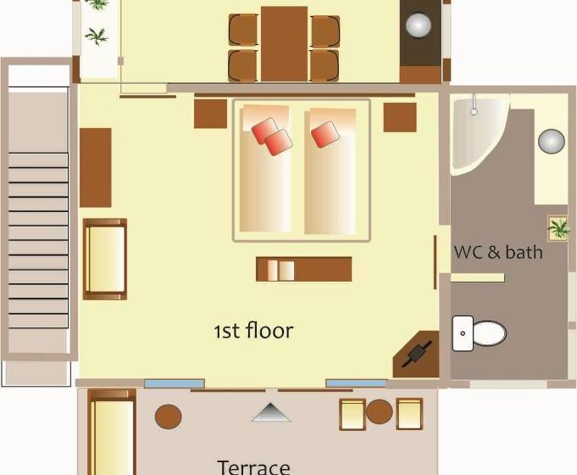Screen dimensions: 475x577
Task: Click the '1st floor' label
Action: [253, 331]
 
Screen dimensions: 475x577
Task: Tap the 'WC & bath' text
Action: [498, 252]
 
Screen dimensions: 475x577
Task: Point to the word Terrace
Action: [253, 467]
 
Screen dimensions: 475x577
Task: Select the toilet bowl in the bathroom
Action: [487, 333]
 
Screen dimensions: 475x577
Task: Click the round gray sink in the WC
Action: [552, 141]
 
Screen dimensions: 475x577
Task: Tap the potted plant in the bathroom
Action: [558, 228]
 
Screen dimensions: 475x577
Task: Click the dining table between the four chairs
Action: [284, 44]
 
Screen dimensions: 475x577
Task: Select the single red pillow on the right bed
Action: [325, 134]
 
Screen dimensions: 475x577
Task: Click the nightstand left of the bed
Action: [210, 114]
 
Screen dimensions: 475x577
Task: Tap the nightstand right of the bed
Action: [400, 117]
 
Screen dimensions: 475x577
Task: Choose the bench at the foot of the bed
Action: [303, 269]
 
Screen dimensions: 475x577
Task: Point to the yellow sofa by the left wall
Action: [105, 259]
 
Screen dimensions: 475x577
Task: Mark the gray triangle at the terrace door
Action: [270, 413]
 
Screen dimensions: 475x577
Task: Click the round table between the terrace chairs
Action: [379, 411]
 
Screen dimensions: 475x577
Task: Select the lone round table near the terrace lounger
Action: [169, 416]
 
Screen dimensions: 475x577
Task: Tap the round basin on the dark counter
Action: [419, 26]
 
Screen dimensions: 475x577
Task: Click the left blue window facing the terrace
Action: [174, 383]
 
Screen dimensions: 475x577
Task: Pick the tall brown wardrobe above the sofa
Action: [96, 167]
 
